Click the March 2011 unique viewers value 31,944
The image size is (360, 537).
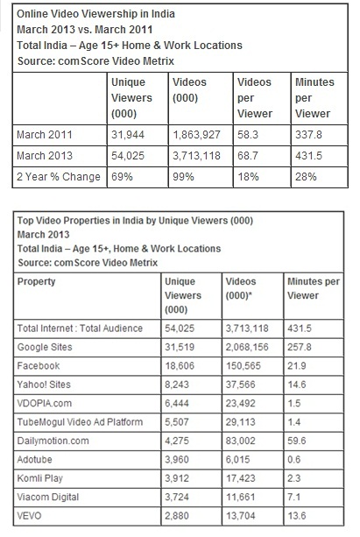tap(128, 135)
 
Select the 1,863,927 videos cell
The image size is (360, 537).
tap(196, 135)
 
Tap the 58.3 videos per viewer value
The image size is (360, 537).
tap(248, 135)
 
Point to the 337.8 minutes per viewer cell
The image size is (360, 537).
tap(308, 135)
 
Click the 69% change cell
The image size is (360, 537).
tap(122, 177)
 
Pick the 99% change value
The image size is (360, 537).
tap(183, 177)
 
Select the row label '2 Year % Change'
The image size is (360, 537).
tap(59, 177)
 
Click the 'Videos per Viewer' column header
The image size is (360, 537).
tap(255, 98)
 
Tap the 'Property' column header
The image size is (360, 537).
tap(36, 281)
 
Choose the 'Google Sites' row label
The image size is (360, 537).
tap(45, 347)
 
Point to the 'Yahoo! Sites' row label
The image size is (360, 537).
tap(44, 385)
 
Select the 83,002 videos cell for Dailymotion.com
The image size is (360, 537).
tap(241, 441)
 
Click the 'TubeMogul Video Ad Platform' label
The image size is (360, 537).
tap(80, 421)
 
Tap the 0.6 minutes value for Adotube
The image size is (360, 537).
tap(294, 459)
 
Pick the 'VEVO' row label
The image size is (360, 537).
tap(29, 515)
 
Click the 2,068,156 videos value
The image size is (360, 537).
tap(247, 347)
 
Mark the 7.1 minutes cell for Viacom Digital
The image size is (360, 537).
tap(293, 497)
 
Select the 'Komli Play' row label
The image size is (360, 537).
tap(40, 478)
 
